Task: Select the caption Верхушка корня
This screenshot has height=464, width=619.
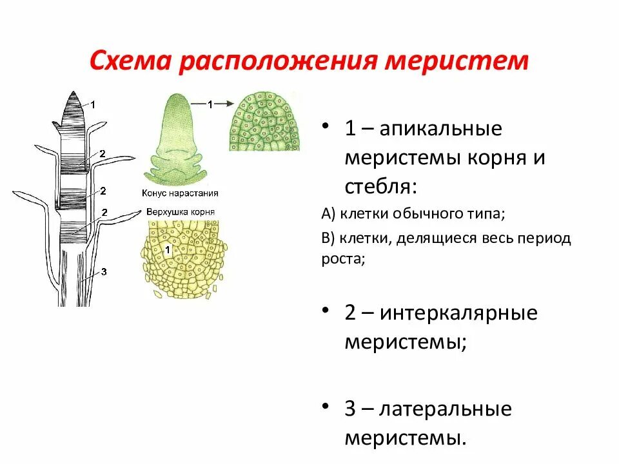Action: point(181,211)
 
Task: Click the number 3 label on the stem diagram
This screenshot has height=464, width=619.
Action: point(103,272)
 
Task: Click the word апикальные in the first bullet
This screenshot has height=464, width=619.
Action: point(441,128)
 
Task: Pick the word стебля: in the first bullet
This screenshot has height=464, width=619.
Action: point(380,188)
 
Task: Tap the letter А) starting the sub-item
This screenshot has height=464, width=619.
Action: point(327,213)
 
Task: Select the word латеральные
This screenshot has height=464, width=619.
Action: point(445,409)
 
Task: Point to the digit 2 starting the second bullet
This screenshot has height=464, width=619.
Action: point(351,313)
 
